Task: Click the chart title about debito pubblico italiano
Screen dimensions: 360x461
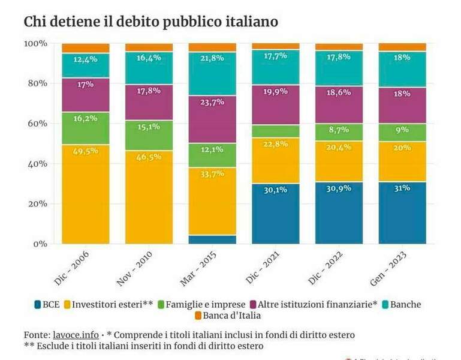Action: [150, 22]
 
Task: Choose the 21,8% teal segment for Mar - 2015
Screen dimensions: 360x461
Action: [212, 70]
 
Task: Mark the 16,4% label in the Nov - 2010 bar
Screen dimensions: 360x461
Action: [149, 58]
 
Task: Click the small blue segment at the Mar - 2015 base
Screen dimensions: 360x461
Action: [212, 239]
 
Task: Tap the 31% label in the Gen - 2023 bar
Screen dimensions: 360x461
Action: [402, 188]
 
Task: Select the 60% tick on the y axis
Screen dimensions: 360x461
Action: [35, 124]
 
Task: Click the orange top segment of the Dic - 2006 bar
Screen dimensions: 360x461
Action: [85, 48]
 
